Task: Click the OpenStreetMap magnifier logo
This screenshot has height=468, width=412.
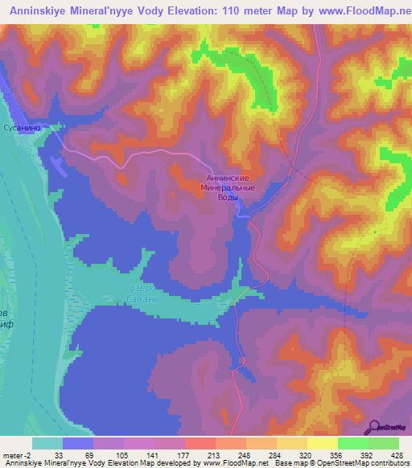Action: click(375, 428)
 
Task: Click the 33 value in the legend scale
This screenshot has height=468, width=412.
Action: click(58, 454)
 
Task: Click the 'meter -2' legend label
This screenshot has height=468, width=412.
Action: click(17, 454)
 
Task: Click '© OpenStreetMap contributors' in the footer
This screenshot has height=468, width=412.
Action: click(360, 463)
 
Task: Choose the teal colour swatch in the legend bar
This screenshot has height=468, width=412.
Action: click(47, 443)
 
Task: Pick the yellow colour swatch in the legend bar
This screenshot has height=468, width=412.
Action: click(321, 443)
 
